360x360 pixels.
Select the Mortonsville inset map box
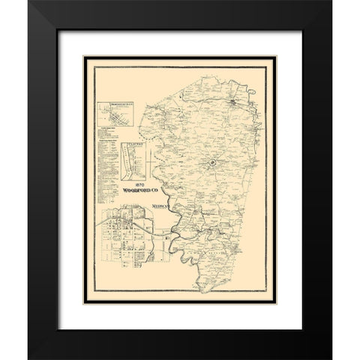[x=114, y=118]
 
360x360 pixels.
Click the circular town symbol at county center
[x=212, y=162]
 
